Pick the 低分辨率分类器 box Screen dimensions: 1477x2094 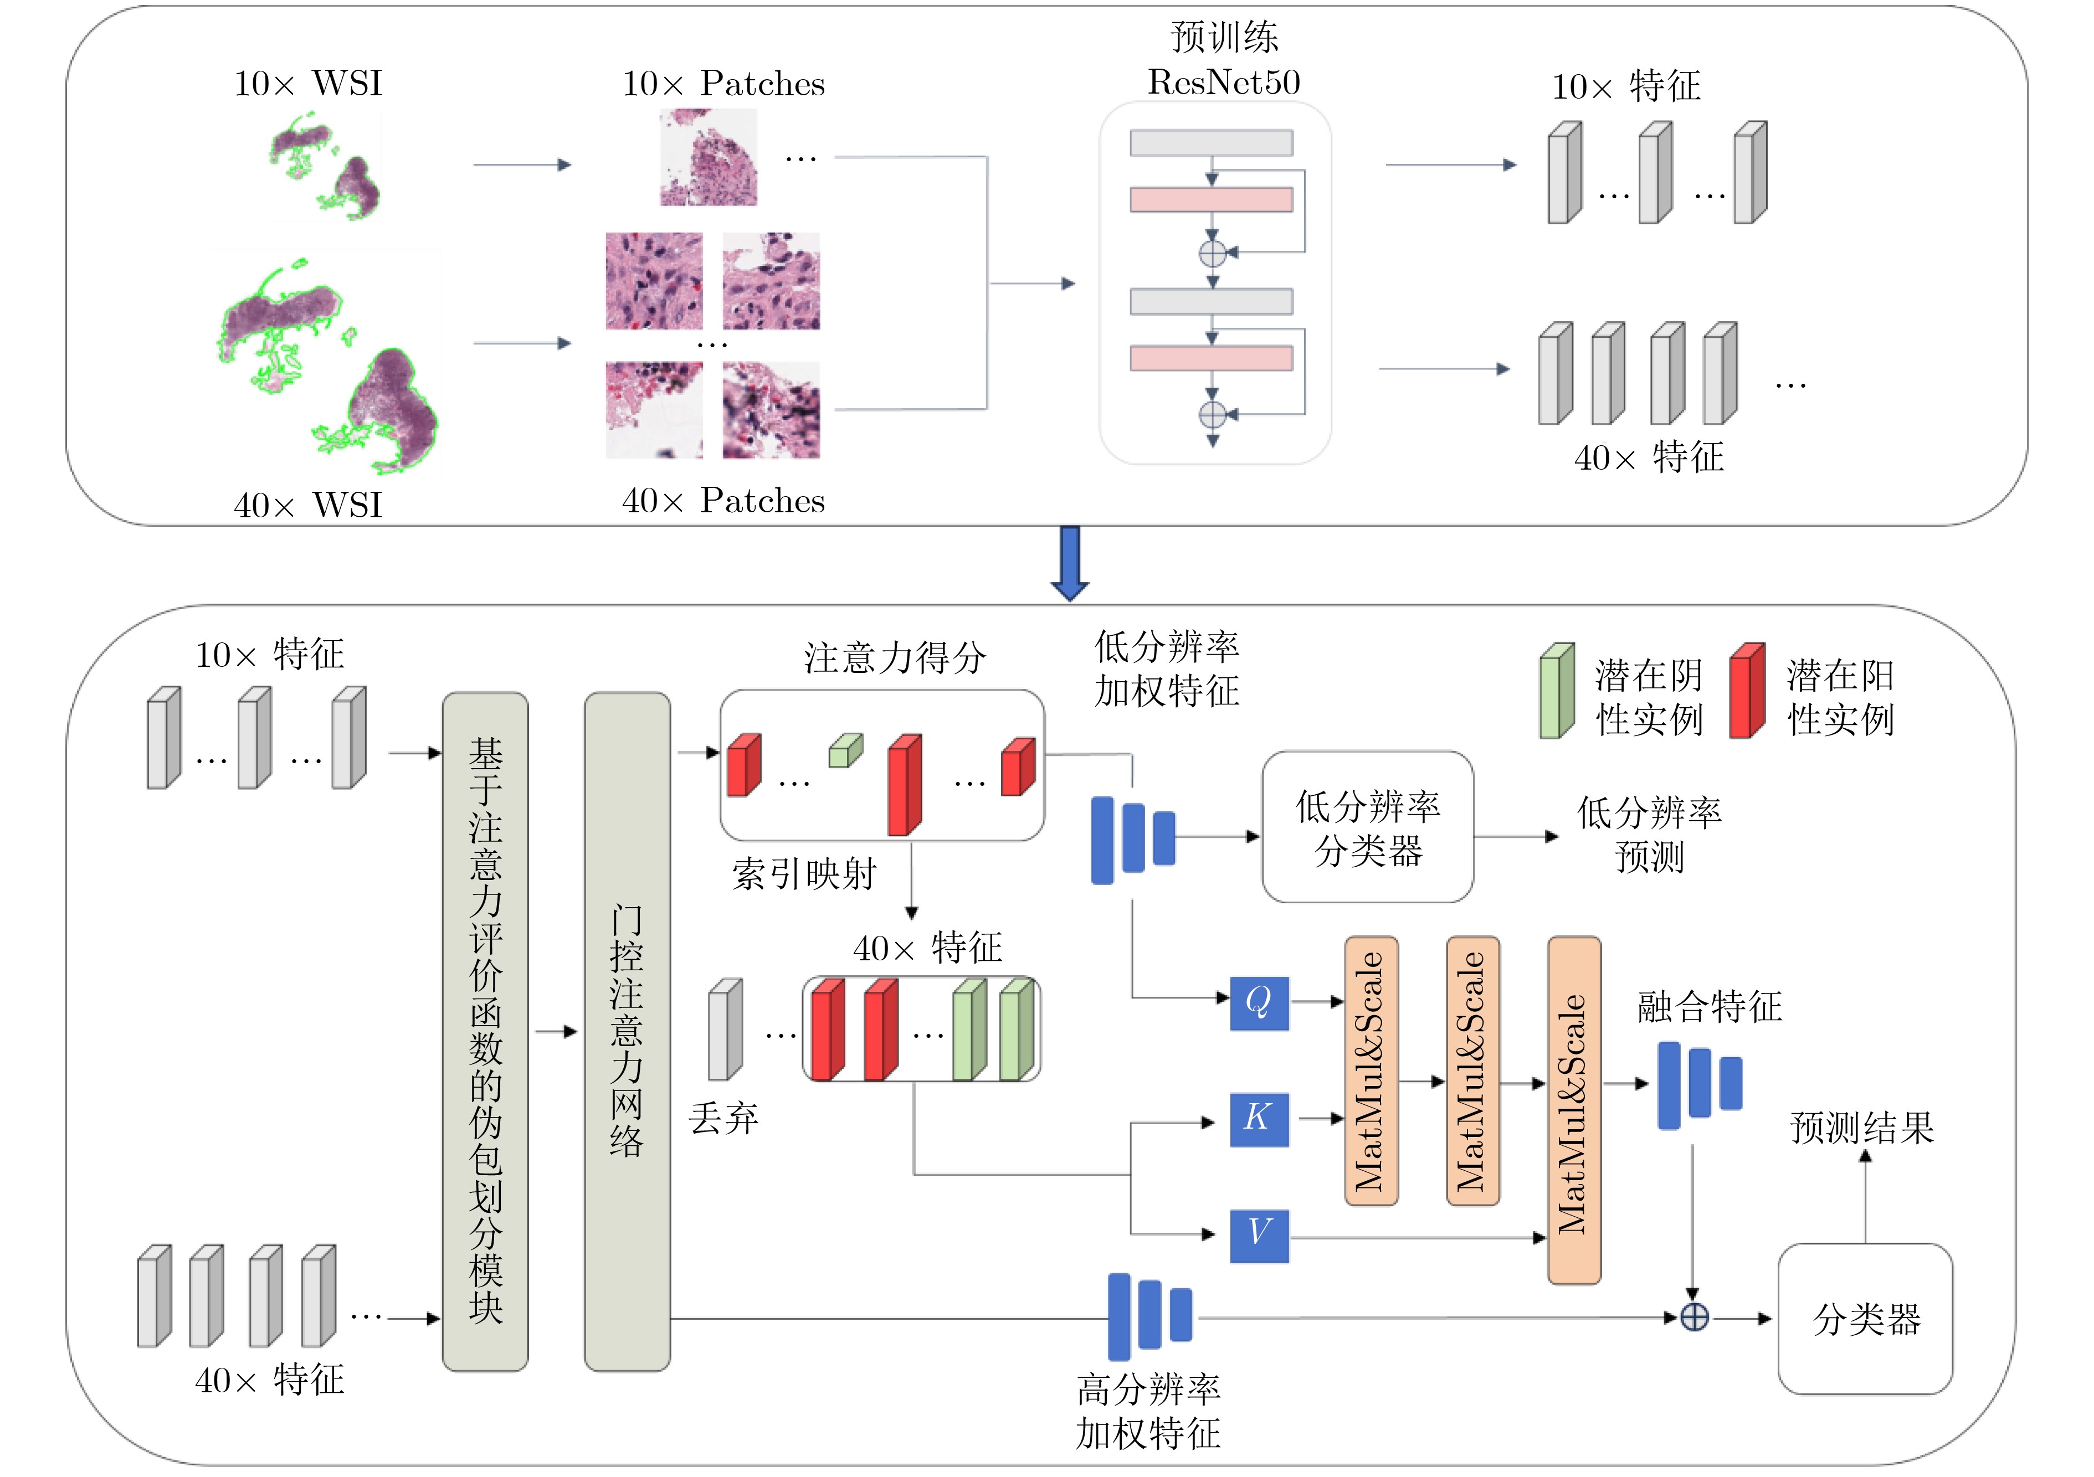tap(1367, 827)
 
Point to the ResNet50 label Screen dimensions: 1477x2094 tap(1223, 82)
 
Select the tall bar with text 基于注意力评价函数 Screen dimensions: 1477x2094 tap(485, 1030)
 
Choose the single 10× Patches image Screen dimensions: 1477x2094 tap(709, 157)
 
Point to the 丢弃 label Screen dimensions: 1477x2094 tap(723, 1118)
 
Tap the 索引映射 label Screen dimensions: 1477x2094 tap(803, 873)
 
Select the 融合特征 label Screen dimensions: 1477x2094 tap(1709, 1007)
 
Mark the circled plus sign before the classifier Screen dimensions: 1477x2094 tap(1693, 1318)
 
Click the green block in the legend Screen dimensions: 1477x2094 tap(1557, 690)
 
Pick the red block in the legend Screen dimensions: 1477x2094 tap(1747, 690)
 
